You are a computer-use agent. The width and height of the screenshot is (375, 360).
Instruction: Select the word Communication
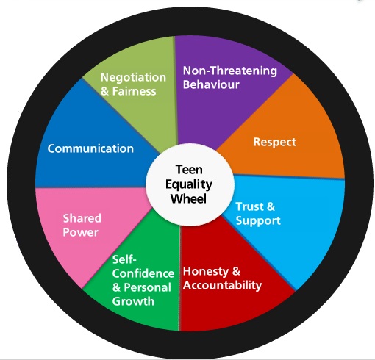click(90, 148)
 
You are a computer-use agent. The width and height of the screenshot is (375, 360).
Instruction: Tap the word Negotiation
click(128, 77)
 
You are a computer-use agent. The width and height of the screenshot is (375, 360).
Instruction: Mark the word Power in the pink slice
click(80, 233)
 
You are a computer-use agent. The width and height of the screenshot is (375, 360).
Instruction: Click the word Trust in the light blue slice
click(249, 206)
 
